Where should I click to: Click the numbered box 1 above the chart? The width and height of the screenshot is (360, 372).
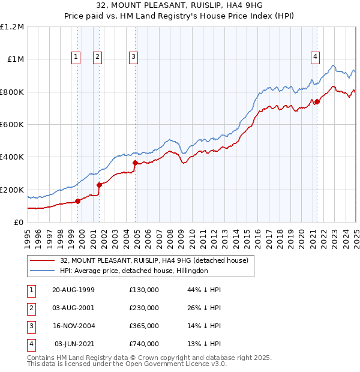tap(76, 58)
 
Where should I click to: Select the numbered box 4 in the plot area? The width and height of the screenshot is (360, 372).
tap(315, 58)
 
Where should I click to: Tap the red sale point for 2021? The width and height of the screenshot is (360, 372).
tap(317, 101)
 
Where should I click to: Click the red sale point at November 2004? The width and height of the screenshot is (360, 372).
tap(136, 163)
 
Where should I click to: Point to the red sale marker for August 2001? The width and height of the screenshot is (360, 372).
tap(100, 185)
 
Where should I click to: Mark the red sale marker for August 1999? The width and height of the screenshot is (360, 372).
tap(78, 201)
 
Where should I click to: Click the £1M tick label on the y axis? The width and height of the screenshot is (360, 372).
tap(14, 59)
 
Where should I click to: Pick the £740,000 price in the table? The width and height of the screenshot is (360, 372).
tap(144, 344)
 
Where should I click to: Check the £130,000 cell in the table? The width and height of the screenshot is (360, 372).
tap(144, 290)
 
